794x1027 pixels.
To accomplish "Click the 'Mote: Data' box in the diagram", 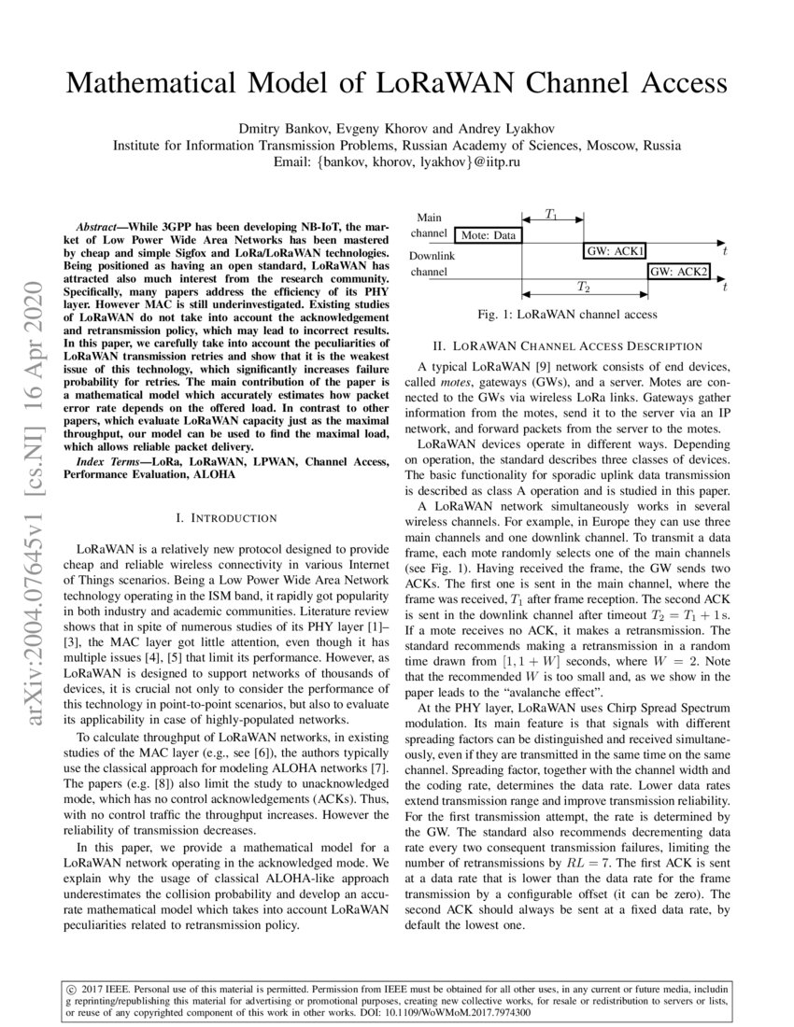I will tap(489, 236).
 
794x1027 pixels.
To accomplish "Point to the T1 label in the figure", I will tap(552, 215).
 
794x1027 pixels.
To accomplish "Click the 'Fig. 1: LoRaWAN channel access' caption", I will tap(567, 315).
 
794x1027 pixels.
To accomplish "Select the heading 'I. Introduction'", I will tap(226, 517).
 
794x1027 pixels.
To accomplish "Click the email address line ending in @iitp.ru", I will tap(397, 162).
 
